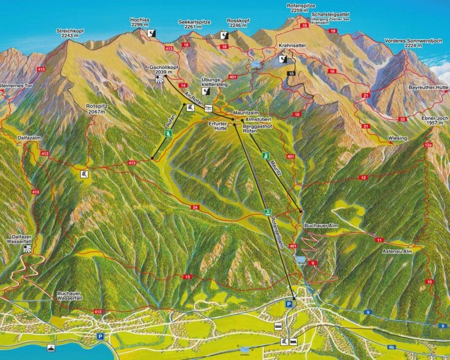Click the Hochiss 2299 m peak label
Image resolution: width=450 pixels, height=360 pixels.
tap(140, 22)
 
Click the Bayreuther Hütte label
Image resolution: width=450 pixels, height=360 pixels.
tap(426, 87)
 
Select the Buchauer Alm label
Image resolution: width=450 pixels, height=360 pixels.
tap(318, 225)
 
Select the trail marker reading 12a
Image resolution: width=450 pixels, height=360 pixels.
tap(428, 145)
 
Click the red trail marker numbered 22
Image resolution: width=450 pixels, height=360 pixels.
tap(402, 119)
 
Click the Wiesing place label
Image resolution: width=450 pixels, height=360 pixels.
tap(397, 139)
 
